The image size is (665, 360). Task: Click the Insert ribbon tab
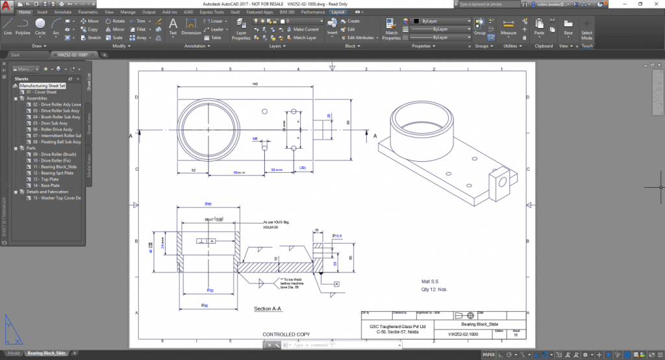coord(42,12)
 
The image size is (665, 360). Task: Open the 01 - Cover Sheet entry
coord(42,92)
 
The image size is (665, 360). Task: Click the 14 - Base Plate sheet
coord(43,185)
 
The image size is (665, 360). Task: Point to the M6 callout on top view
coord(255,138)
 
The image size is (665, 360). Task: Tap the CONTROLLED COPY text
coord(286,335)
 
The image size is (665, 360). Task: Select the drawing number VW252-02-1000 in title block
coord(463,334)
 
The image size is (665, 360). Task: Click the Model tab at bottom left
coord(13,353)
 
